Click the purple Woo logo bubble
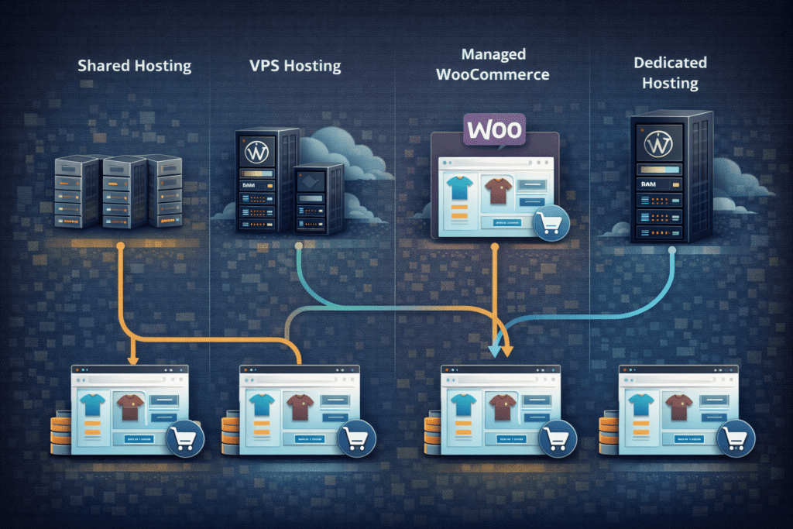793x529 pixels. (x=493, y=129)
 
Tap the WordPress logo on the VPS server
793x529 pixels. (x=255, y=152)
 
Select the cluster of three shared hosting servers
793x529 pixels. (x=118, y=191)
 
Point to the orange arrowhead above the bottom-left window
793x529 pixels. (x=132, y=359)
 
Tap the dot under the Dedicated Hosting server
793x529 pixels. (x=671, y=250)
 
